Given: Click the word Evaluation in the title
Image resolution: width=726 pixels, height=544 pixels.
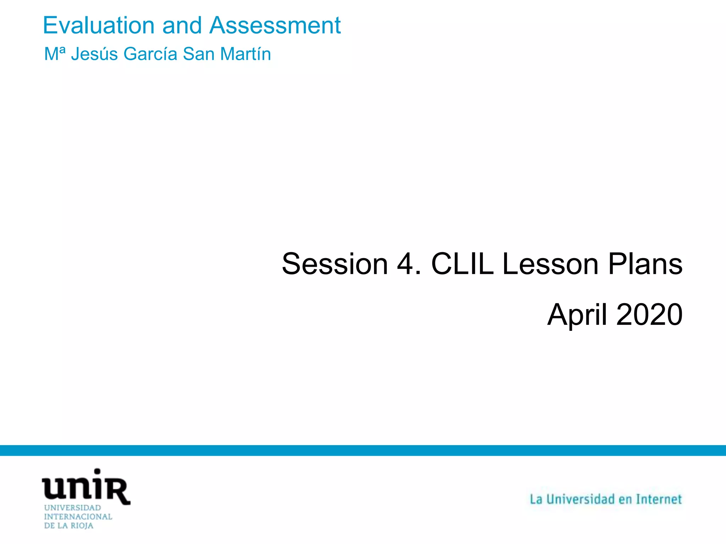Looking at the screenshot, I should pyautogui.click(x=99, y=25).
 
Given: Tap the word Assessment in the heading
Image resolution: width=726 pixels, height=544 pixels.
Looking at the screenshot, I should pyautogui.click(x=275, y=25).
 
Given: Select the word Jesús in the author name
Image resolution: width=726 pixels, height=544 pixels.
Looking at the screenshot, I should pyautogui.click(x=94, y=54).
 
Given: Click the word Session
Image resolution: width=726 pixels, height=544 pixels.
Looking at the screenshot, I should pyautogui.click(x=335, y=264).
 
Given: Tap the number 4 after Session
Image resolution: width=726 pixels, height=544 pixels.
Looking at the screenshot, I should pyautogui.click(x=405, y=264).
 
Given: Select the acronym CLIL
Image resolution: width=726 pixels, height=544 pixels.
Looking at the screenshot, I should pyautogui.click(x=462, y=264).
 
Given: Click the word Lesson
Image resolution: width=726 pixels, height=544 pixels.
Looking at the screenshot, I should pyautogui.click(x=550, y=264).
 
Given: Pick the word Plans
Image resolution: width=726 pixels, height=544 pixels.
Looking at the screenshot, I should pyautogui.click(x=645, y=264).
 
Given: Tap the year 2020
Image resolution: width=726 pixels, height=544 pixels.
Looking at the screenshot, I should pyautogui.click(x=649, y=315).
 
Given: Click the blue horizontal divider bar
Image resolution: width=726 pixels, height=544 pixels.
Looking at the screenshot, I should pyautogui.click(x=363, y=450).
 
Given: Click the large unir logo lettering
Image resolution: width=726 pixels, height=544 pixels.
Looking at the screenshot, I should pyautogui.click(x=86, y=487).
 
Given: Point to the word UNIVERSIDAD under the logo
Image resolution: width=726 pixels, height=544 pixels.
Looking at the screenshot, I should pyautogui.click(x=72, y=508).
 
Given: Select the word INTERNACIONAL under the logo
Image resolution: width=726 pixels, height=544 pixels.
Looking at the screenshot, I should pyautogui.click(x=78, y=517).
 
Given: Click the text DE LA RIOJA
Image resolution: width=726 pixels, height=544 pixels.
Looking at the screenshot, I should pyautogui.click(x=68, y=526).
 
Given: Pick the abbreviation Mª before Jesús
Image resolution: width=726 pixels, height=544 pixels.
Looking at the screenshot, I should pyautogui.click(x=55, y=54).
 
